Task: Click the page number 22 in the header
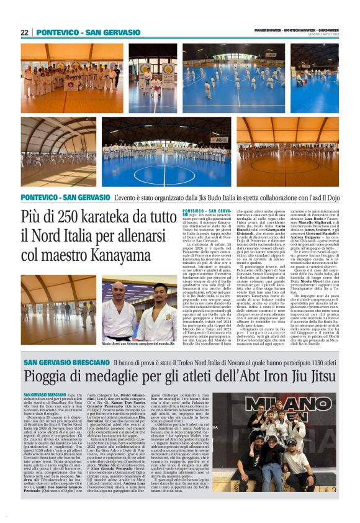(25, 32)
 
